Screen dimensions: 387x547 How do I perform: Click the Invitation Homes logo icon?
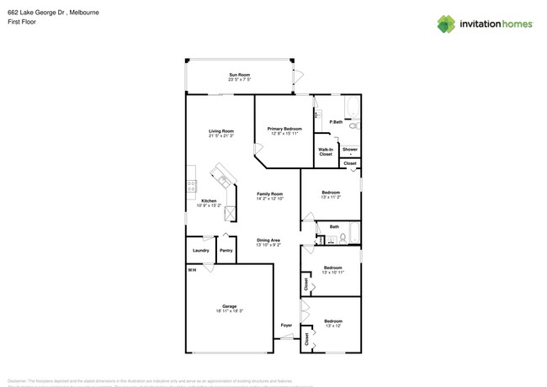[446, 24]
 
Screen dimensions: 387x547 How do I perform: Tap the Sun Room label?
[239, 75]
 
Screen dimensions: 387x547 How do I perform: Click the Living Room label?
[221, 131]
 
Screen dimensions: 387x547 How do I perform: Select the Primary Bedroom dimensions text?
[285, 134]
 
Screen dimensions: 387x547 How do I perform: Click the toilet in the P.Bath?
[353, 126]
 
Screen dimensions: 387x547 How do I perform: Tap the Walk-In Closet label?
[326, 152]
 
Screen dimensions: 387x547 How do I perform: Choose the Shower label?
[349, 149]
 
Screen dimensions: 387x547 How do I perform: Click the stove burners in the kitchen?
[191, 186]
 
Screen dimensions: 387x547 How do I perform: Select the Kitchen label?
[208, 201]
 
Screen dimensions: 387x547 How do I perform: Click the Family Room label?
[269, 193]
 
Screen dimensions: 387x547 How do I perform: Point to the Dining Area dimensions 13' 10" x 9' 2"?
[268, 245]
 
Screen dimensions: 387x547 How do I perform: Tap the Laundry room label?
[200, 250]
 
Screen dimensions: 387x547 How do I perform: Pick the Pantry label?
[226, 250]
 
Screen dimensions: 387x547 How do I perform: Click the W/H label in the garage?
[192, 269]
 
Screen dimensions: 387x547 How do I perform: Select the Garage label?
[229, 306]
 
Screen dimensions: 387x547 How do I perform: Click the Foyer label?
[286, 324]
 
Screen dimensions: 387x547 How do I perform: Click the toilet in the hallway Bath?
[343, 241]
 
